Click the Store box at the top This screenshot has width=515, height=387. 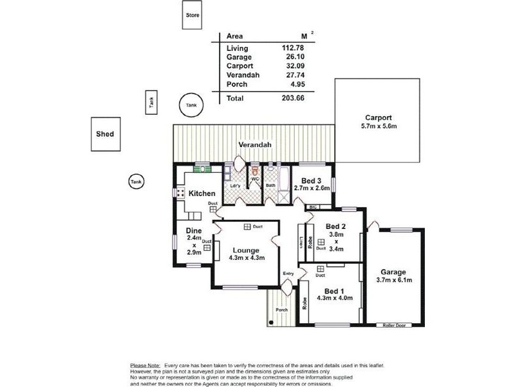point(192,15)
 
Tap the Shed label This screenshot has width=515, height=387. point(105,134)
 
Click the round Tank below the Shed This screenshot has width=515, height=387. point(136,183)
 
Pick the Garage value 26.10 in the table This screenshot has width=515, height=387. point(293,57)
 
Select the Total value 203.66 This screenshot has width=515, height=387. point(293,98)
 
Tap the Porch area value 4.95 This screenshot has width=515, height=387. point(295,83)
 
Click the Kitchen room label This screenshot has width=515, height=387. point(201,193)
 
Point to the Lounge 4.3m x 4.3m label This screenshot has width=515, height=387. point(247,253)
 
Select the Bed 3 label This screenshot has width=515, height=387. point(312,181)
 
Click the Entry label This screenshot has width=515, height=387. point(288,274)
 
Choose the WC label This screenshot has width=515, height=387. point(255,179)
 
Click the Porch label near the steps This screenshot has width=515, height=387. point(282,310)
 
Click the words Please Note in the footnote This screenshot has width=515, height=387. point(145,365)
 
